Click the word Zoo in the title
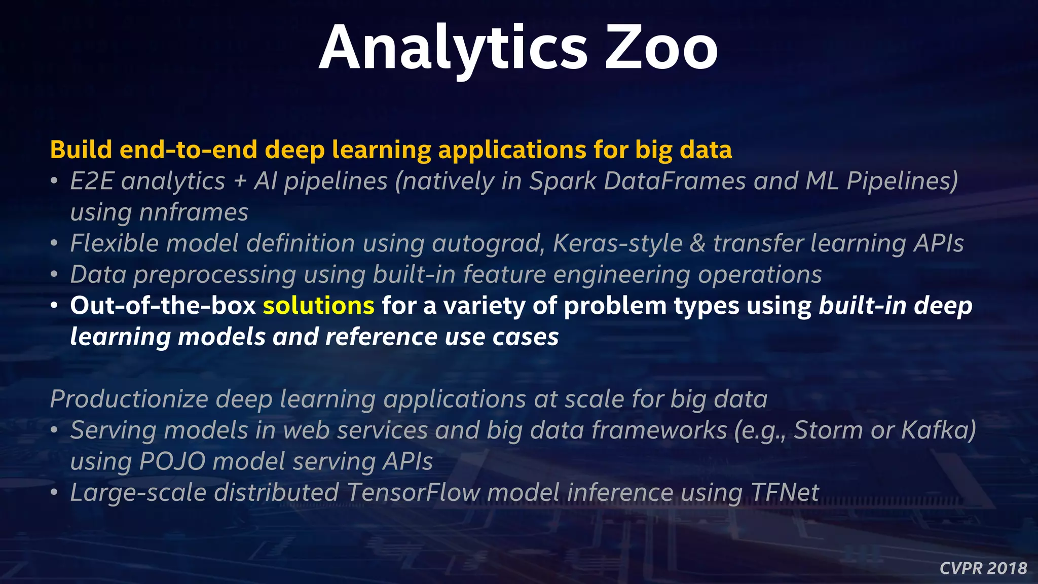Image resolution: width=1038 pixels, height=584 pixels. pos(661,48)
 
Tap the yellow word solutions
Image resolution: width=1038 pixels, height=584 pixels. pos(318,306)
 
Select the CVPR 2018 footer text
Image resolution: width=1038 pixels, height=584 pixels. pos(983,568)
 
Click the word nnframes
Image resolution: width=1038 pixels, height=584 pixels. pos(194,212)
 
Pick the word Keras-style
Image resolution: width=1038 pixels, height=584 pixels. pos(617,244)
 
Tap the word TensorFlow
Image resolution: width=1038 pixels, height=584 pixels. pos(414,493)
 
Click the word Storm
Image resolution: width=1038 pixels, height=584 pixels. pos(828,430)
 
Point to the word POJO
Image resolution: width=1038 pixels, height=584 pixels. pos(172,462)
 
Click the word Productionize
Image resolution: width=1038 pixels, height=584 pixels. pos(129,399)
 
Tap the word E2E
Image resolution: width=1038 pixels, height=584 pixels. pos(92,181)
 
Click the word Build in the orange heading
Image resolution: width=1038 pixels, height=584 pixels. pos(81,150)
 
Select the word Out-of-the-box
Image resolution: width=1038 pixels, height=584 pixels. pos(163,306)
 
